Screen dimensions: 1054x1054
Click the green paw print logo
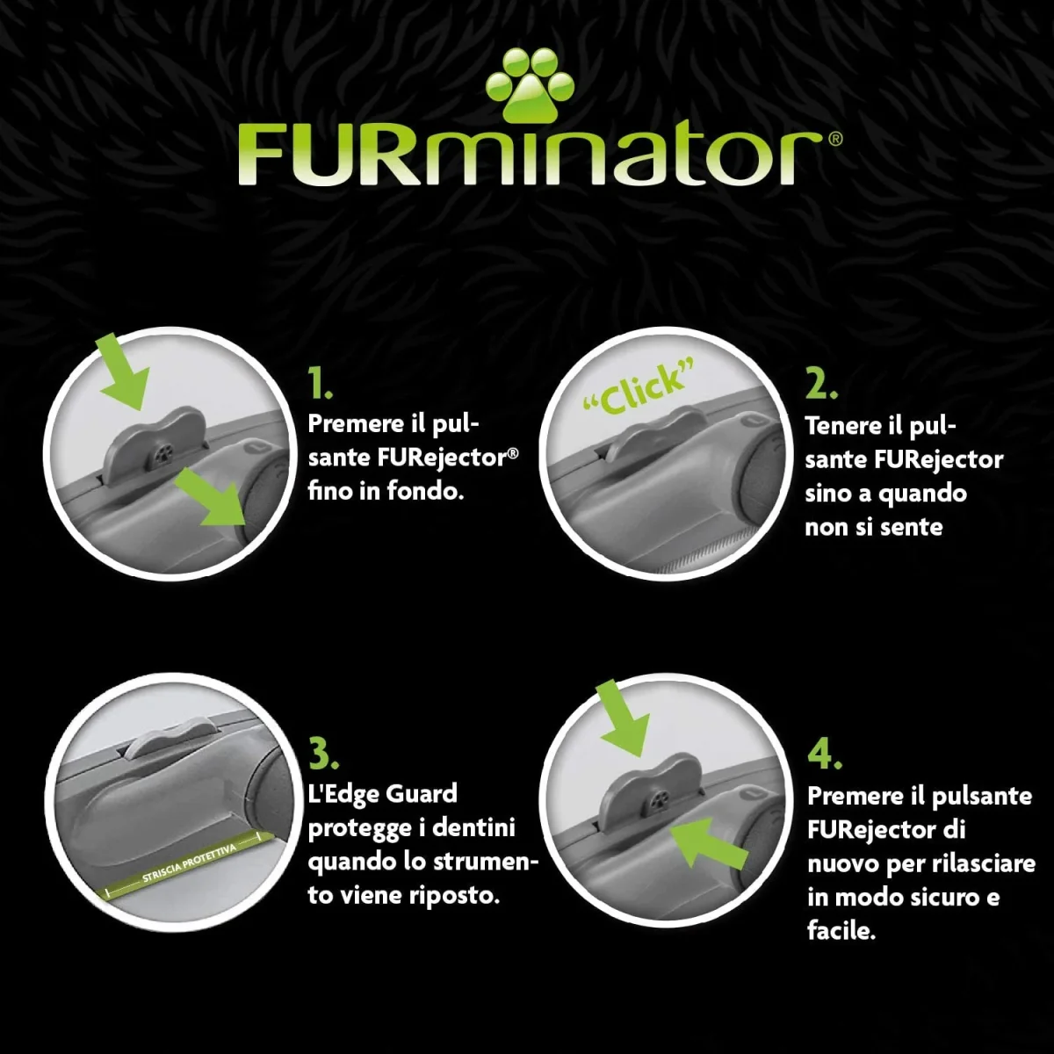click(530, 85)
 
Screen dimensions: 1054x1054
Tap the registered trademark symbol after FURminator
click(835, 139)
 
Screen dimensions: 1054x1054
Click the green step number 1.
click(320, 383)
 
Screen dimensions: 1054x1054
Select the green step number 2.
click(821, 383)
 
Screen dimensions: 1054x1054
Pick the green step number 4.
click(825, 754)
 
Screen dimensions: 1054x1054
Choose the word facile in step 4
click(841, 930)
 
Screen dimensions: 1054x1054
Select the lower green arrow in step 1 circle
click(211, 496)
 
